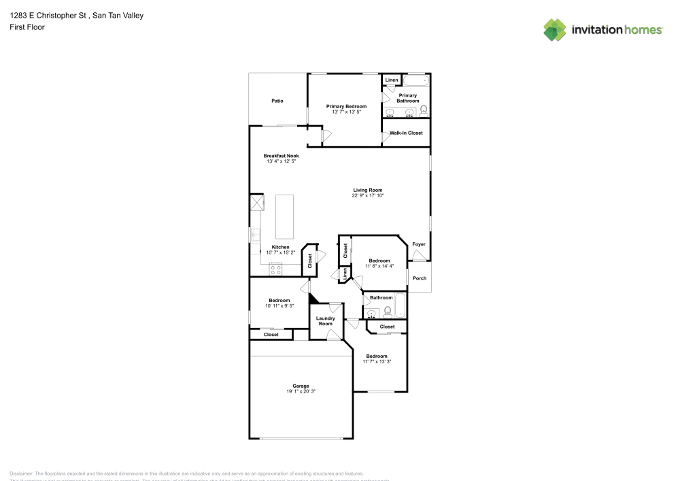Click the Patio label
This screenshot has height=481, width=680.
click(277, 101)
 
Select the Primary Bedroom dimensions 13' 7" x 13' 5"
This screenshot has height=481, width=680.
click(346, 112)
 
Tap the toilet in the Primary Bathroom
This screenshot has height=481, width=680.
click(423, 110)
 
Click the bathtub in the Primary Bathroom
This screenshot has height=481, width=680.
click(415, 80)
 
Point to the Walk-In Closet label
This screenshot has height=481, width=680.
click(406, 133)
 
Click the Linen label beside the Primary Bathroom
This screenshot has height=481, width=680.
click(391, 80)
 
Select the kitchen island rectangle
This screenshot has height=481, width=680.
click(284, 215)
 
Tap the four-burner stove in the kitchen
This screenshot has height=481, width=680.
click(276, 269)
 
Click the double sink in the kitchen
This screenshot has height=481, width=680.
click(256, 235)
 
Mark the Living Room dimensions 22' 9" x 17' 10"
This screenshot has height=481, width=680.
click(367, 196)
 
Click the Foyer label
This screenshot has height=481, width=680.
click(419, 244)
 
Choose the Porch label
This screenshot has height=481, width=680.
click(420, 278)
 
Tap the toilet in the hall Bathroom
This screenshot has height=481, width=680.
click(387, 312)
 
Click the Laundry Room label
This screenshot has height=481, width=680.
click(326, 320)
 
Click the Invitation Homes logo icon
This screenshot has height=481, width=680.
click(555, 29)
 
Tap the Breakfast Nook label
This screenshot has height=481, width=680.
click(282, 156)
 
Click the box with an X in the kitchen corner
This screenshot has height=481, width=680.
click(256, 203)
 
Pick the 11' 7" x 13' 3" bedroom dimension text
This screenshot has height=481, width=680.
click(377, 361)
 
